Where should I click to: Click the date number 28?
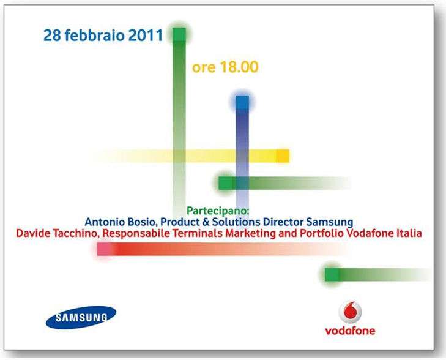tap(52, 36)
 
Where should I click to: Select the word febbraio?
tap(95, 36)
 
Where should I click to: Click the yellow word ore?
tap(204, 69)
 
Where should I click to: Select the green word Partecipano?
tap(218, 211)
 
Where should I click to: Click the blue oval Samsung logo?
tap(81, 318)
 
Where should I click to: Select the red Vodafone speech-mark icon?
tap(350, 312)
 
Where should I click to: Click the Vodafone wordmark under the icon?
tap(350, 331)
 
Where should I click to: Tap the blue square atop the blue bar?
tap(242, 102)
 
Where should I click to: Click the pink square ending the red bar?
tap(103, 249)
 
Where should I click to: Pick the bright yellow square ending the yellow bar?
tap(283, 156)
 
